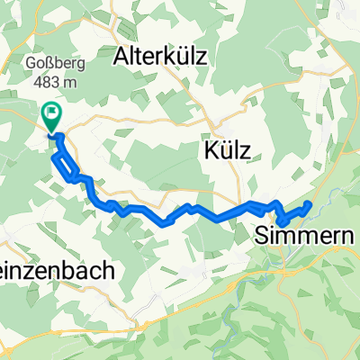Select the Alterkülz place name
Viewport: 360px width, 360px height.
[x=162, y=58]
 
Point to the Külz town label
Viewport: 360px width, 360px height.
[x=223, y=149]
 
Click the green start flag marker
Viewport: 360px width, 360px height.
[x=51, y=118]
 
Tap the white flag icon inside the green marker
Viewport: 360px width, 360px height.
[x=51, y=114]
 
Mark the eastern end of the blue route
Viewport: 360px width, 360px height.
[x=309, y=204]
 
